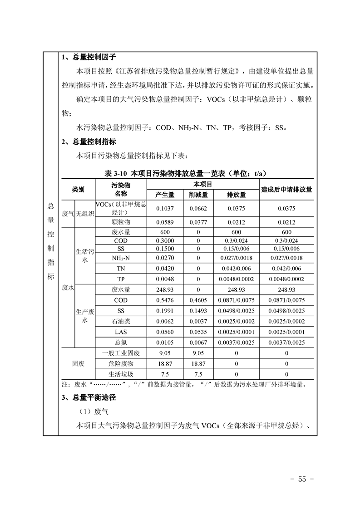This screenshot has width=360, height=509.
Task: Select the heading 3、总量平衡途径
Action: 89,397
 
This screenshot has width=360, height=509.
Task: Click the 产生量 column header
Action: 165,195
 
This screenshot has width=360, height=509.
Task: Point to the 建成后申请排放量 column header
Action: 286,190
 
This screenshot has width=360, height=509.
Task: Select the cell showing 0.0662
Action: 198,209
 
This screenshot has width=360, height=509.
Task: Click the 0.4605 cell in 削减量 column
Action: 198,300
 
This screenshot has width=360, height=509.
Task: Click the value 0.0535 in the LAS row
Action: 198,332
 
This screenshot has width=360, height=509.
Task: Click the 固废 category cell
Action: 78,364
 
